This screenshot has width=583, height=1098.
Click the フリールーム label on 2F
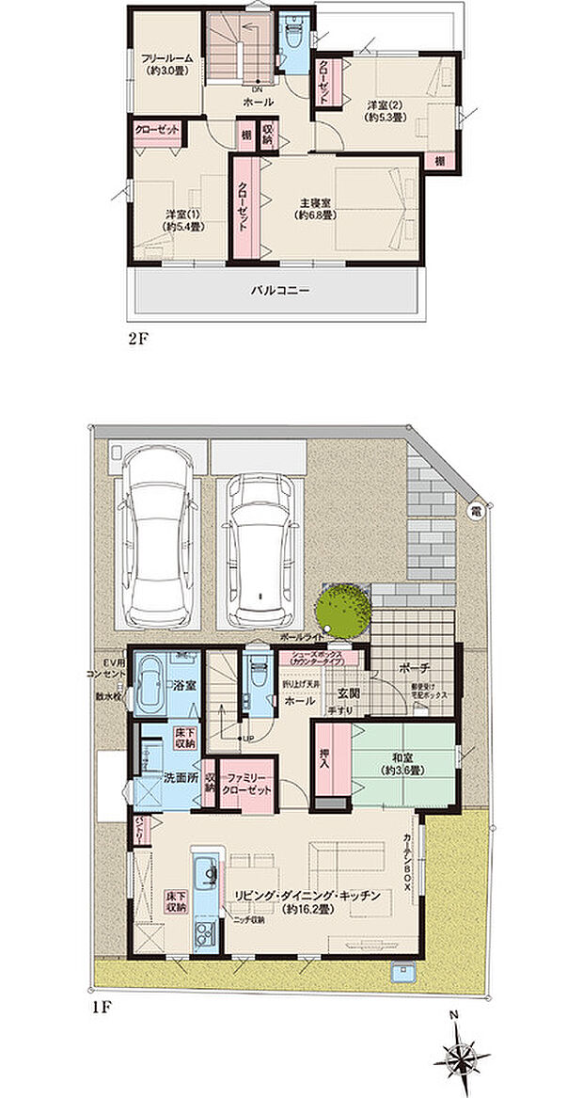tap(166, 58)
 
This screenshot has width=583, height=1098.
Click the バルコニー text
tap(279, 290)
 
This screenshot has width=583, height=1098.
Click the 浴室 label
tap(183, 689)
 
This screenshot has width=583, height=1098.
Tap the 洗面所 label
tap(179, 778)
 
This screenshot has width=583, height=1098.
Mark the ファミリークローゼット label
tap(249, 784)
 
